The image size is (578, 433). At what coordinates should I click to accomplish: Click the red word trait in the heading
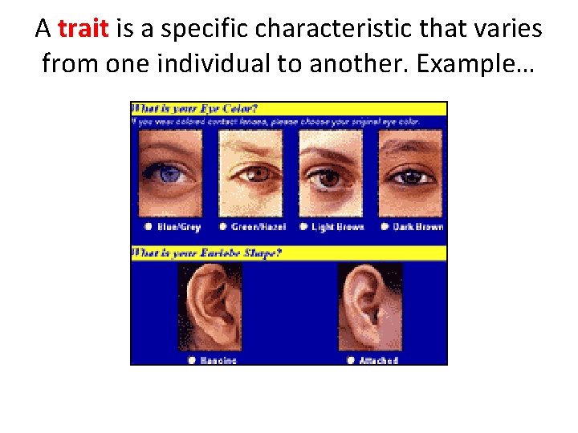(x=83, y=30)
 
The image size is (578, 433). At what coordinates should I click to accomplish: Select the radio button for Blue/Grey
(x=148, y=227)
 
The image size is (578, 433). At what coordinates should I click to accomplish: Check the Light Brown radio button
(x=303, y=227)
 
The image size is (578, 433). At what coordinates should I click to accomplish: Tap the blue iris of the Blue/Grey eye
(x=170, y=172)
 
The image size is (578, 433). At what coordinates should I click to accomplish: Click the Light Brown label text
(x=337, y=227)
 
